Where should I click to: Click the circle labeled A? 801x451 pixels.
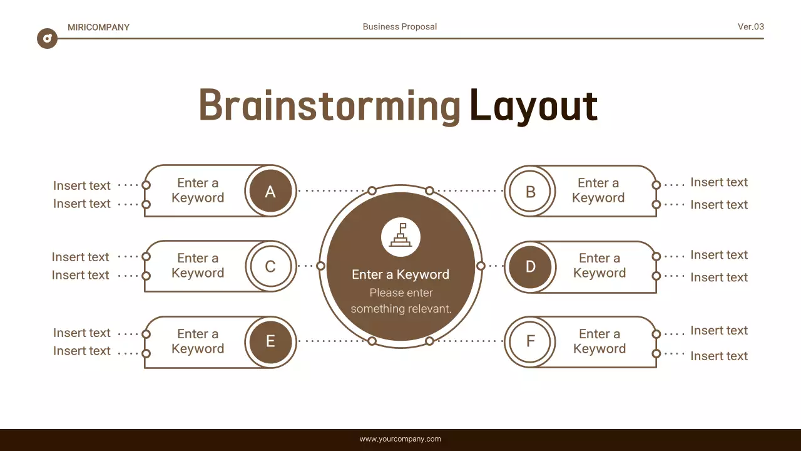pyautogui.click(x=270, y=191)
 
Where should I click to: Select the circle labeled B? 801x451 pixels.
pyautogui.click(x=530, y=191)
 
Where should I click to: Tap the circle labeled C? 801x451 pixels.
pyautogui.click(x=270, y=266)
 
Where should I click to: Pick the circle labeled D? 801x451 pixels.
pyautogui.click(x=530, y=266)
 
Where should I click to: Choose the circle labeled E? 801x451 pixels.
pyautogui.click(x=270, y=341)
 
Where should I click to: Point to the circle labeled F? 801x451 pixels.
pyautogui.click(x=530, y=341)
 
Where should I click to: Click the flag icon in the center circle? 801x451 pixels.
pyautogui.click(x=400, y=236)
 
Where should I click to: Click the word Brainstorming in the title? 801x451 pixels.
pyautogui.click(x=330, y=105)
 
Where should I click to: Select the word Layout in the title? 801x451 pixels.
pyautogui.click(x=533, y=105)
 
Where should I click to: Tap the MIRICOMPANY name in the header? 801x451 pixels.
pyautogui.click(x=98, y=27)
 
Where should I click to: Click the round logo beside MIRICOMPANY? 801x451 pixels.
pyautogui.click(x=47, y=38)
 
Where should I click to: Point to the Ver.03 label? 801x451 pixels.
pyautogui.click(x=750, y=26)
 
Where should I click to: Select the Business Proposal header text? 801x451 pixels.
pyautogui.click(x=400, y=26)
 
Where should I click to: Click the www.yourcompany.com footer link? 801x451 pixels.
pyautogui.click(x=400, y=439)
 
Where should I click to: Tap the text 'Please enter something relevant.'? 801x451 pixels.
pyautogui.click(x=400, y=301)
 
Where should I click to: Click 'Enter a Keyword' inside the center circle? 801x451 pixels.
pyautogui.click(x=400, y=274)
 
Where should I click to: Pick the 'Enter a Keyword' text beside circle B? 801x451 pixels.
pyautogui.click(x=598, y=190)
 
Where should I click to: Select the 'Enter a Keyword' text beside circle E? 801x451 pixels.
pyautogui.click(x=198, y=341)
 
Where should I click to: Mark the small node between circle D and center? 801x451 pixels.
pyautogui.click(x=481, y=266)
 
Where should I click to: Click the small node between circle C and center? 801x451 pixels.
pyautogui.click(x=321, y=266)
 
